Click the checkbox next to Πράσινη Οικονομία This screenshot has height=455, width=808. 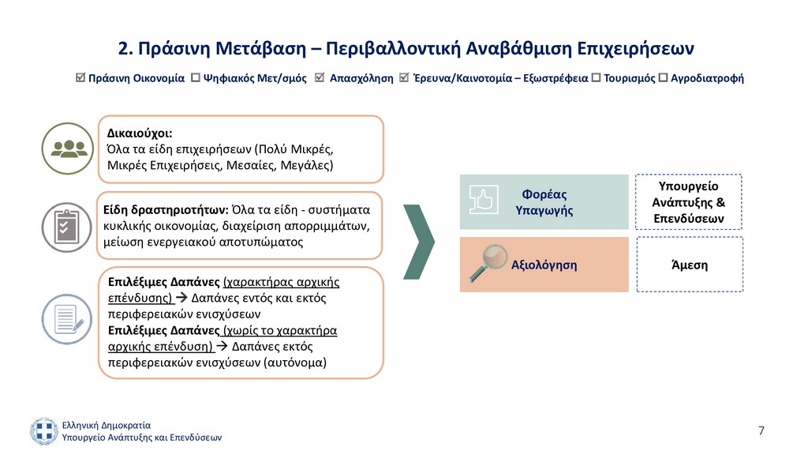[80, 77]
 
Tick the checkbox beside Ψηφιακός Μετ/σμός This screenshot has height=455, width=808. [196, 78]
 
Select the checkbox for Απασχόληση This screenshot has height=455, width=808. [320, 77]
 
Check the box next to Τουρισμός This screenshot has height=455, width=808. [597, 78]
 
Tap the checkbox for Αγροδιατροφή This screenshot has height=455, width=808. [663, 78]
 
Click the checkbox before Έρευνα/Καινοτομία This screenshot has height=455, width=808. [404, 77]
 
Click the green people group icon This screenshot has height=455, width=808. [68, 149]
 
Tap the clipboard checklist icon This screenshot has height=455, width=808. [67, 227]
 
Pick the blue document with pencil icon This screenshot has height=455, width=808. [67, 319]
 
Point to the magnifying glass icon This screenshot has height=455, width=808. [488, 262]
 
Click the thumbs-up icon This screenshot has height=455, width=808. [484, 200]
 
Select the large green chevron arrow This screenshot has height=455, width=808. [419, 242]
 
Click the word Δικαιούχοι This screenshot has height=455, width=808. [140, 133]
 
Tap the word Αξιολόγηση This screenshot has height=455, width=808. [544, 265]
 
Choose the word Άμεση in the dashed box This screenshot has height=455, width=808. [690, 265]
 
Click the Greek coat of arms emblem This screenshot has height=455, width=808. [44, 431]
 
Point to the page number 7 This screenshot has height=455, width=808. [761, 431]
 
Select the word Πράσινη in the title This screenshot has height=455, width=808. [174, 48]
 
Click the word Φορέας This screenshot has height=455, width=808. [544, 194]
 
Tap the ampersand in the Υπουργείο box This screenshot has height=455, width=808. [720, 202]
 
